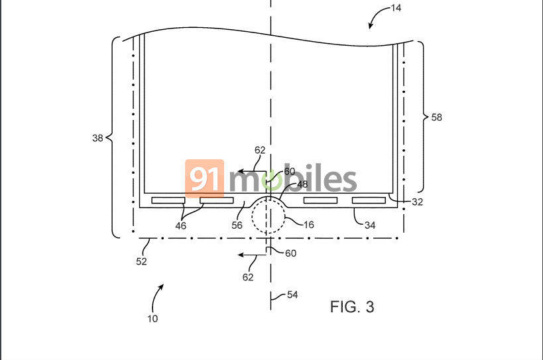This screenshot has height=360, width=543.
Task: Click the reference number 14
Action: pos(396,7)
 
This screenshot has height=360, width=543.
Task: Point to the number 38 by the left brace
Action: pos(97,138)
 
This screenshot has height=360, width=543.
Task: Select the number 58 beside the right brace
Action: pos(436,117)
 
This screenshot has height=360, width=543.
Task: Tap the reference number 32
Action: pos(417,202)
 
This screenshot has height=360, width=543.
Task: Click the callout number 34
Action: pos(370,225)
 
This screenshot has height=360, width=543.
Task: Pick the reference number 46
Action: pos(181,225)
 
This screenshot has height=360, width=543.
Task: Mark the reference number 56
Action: pos(237,225)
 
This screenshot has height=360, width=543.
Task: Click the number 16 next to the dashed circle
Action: pos(309,225)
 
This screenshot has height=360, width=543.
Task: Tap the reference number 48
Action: pos(302,184)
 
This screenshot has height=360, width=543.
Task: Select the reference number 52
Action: pos(141,261)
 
